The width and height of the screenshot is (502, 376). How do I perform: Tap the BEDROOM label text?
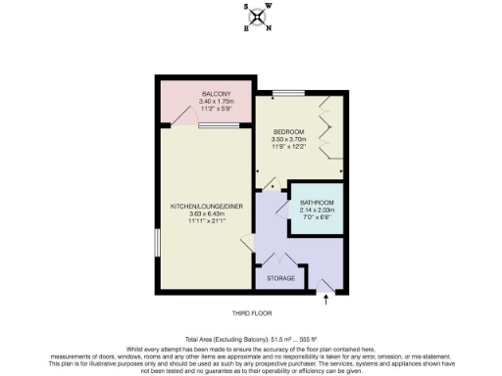coord(288,132)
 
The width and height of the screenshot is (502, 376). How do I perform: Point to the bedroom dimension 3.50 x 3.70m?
coord(288,140)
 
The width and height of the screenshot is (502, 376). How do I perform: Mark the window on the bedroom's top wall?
coord(286,93)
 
